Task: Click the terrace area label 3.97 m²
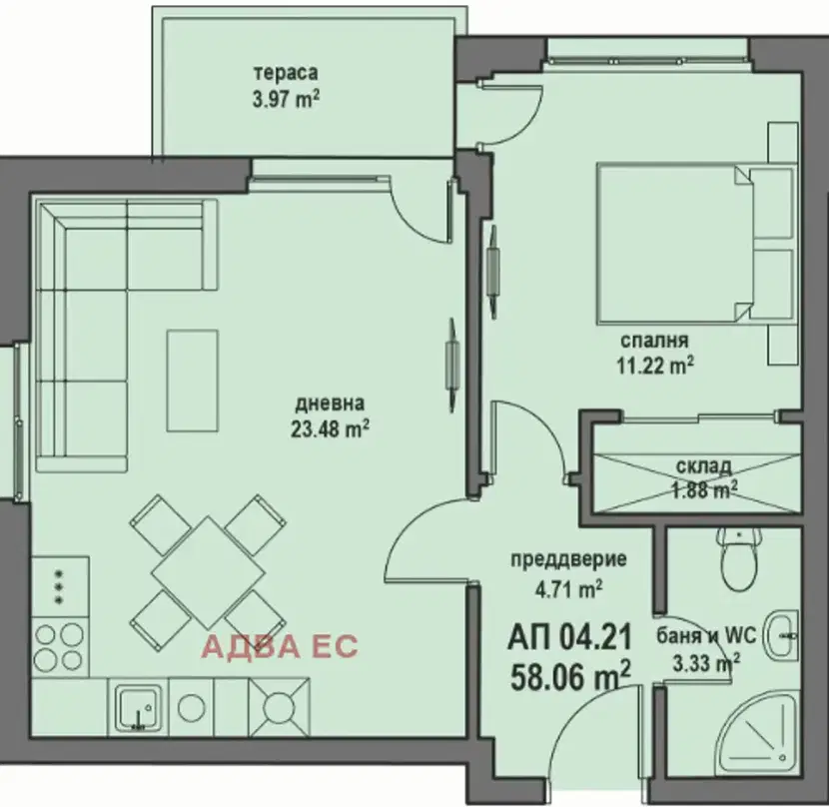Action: [x=286, y=99]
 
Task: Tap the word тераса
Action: [x=286, y=73]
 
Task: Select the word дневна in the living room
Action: [x=330, y=404]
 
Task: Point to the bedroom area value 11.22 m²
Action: [x=655, y=365]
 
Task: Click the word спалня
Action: [x=654, y=340]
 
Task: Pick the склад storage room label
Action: [x=704, y=466]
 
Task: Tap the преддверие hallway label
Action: [x=568, y=559]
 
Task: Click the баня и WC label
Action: [x=706, y=635]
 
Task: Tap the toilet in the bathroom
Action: [x=739, y=558]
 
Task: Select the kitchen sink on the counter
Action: [x=138, y=707]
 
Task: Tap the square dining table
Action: [x=209, y=572]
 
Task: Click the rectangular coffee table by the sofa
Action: [x=193, y=381]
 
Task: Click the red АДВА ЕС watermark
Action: [x=281, y=646]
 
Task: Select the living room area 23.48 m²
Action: [x=330, y=428]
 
